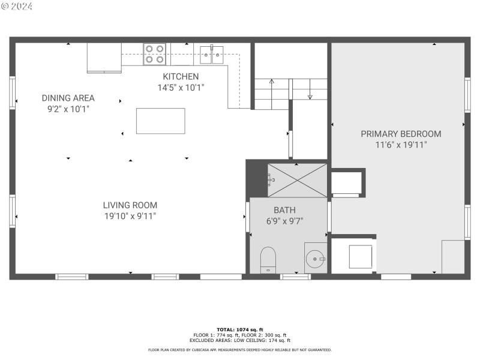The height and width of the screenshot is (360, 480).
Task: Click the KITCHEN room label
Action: click(181, 77)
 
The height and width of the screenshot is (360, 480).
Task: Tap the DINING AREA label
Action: click(68, 98)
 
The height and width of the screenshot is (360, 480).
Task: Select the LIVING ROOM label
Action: click(130, 205)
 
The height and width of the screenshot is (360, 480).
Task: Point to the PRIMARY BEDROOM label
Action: click(401, 134)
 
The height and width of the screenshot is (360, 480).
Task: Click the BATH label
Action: click(284, 210)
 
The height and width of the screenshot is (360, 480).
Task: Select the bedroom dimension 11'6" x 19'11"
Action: click(401, 145)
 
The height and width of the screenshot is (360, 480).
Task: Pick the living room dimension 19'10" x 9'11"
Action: click(130, 215)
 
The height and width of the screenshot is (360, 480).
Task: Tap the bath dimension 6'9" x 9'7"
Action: click(284, 220)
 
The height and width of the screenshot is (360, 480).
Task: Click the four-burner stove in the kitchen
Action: click(154, 53)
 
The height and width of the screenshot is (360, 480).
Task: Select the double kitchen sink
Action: click(212, 54)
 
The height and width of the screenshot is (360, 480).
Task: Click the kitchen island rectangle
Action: click(160, 121)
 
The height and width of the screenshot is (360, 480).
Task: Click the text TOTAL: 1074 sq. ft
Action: click(239, 329)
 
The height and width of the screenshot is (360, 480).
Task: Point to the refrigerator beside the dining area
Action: click(104, 57)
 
